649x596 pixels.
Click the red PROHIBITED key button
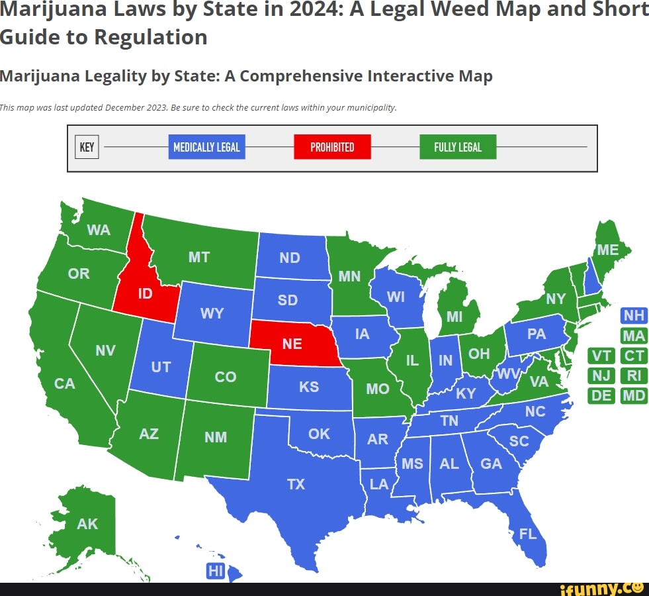point(332,147)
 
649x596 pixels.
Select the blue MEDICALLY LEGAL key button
point(206,147)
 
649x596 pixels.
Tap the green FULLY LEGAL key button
point(458,147)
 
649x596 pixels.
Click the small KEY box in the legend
point(87,147)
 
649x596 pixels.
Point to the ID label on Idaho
point(145,294)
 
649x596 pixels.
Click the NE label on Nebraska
point(292,344)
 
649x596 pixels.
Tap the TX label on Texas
point(296,484)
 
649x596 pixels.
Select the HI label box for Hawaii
point(216,571)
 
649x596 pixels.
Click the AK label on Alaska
point(87,524)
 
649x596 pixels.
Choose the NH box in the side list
point(634,316)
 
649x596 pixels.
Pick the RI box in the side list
point(634,376)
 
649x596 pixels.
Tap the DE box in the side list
point(601,396)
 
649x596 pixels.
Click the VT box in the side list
point(601,356)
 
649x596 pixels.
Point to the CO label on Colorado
point(226,377)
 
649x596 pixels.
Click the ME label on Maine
point(607,250)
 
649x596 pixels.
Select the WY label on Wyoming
point(212,313)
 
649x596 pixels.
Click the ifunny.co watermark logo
point(601,587)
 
